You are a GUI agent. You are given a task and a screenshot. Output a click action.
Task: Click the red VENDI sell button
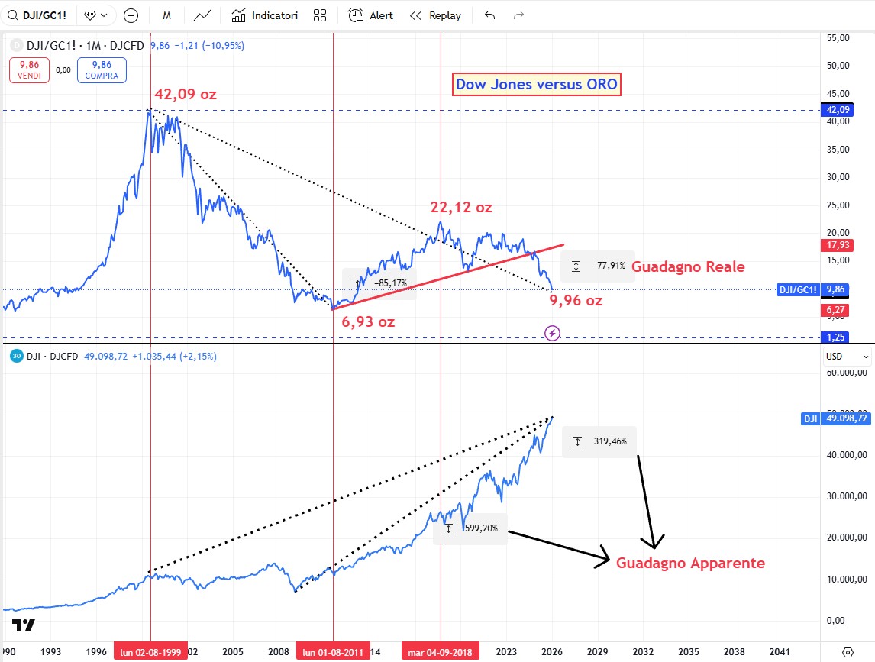click(x=30, y=70)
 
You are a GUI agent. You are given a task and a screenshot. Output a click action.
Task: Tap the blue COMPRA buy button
click(x=102, y=70)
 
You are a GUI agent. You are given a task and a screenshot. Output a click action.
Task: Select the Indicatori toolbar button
click(x=265, y=15)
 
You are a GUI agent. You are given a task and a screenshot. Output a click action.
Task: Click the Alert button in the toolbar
click(x=371, y=15)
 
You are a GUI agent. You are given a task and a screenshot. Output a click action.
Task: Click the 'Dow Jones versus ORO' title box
click(x=538, y=85)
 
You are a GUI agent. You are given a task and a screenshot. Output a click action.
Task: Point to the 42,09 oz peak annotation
click(x=186, y=95)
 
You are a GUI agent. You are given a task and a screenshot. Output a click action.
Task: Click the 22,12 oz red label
click(x=461, y=207)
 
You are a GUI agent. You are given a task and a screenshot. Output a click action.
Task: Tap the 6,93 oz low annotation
click(x=368, y=321)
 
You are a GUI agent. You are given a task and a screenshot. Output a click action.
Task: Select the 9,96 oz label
click(x=576, y=300)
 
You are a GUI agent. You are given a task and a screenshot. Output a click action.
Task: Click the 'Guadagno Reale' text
click(x=688, y=266)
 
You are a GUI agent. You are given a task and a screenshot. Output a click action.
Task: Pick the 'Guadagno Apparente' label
click(x=690, y=563)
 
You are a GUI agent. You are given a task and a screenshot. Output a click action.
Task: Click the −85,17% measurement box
click(x=380, y=283)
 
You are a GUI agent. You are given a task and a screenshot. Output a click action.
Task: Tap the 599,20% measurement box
click(x=470, y=528)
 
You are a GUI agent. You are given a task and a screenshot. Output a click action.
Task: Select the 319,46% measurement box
click(x=599, y=441)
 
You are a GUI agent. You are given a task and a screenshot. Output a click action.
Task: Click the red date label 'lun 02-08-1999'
click(x=150, y=652)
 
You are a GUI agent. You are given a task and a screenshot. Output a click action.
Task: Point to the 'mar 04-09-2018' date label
click(x=441, y=652)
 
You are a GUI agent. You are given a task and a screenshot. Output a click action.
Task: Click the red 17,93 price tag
click(x=834, y=245)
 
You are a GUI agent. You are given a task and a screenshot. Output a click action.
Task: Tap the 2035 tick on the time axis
click(x=689, y=652)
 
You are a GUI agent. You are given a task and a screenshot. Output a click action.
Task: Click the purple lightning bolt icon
click(x=553, y=333)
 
